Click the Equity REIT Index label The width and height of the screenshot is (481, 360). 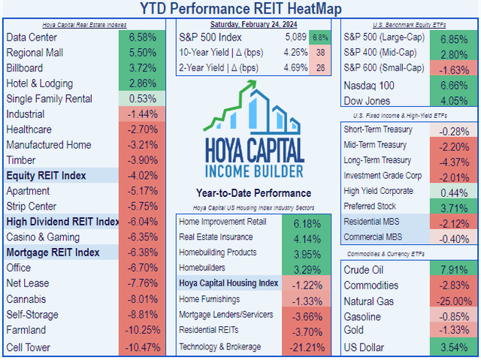tap(46, 176)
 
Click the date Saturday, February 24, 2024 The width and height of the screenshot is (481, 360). tap(253, 23)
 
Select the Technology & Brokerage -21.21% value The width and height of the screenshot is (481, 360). tap(305, 346)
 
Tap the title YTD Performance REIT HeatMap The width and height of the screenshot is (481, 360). tap(240, 9)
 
